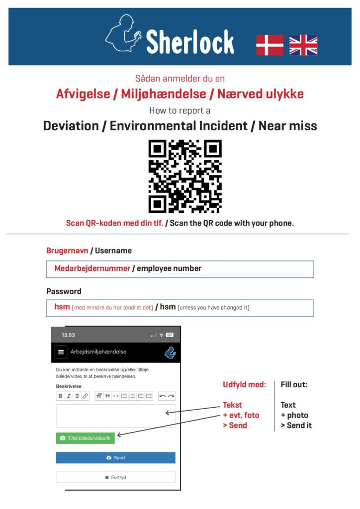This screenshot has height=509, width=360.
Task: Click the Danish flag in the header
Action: tap(270, 45)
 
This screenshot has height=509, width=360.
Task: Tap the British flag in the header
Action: tap(303, 45)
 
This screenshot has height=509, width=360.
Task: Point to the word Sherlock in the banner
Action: tap(190, 42)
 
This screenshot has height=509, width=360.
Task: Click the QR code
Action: tap(185, 176)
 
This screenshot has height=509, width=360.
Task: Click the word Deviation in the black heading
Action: tap(72, 126)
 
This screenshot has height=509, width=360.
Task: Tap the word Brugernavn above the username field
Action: tap(67, 251)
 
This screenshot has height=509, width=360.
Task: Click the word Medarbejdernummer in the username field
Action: tap(92, 268)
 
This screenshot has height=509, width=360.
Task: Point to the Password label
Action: tap(64, 291)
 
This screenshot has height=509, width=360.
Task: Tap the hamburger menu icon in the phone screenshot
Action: tap(61, 352)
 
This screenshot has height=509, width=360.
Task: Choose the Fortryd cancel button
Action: tap(115, 477)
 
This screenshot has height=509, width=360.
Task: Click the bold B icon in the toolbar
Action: tap(61, 396)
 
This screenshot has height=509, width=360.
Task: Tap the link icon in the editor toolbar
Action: tap(85, 396)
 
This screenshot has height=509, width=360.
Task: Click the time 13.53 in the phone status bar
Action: tap(69, 335)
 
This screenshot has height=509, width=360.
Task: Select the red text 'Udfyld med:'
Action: tap(244, 385)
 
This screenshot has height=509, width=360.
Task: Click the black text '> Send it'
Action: tap(296, 425)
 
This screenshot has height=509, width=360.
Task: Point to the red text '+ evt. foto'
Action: tap(241, 415)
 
